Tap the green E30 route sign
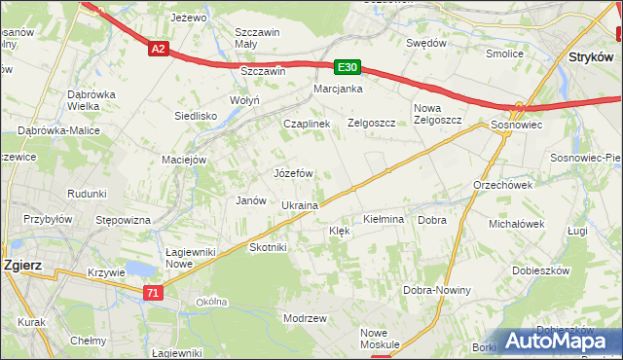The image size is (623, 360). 348,67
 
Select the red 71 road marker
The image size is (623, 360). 152,292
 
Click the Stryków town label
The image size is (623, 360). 589,58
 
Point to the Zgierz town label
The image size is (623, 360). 20,263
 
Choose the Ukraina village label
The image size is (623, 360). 300,205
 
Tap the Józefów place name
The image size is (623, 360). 292,173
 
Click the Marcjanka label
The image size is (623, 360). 338,89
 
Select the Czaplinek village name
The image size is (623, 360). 307,124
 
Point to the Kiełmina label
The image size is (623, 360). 383,220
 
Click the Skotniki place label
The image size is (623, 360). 268,247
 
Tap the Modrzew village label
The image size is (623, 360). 303,318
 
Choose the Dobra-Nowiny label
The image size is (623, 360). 436,290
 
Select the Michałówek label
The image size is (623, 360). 516,224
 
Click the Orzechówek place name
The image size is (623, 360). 502,185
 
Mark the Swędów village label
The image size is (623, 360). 426,43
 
